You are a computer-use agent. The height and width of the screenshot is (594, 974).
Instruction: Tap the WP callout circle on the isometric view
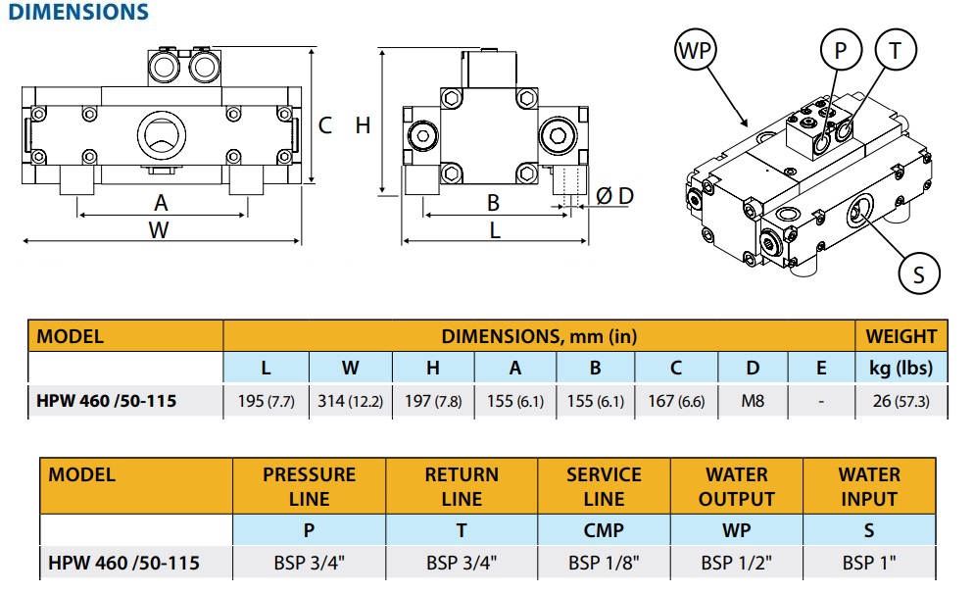695,50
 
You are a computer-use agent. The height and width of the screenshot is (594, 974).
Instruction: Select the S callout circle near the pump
918,273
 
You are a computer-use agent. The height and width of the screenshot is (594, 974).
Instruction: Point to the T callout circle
895,50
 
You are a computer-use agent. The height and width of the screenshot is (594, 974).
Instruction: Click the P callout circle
840,50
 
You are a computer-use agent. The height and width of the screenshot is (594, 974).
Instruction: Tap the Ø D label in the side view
614,196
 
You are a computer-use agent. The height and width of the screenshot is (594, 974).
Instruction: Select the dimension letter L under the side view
495,230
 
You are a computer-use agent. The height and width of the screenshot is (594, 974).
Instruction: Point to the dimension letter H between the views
363,125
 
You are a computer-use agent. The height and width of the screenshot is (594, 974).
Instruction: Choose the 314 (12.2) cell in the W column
350,402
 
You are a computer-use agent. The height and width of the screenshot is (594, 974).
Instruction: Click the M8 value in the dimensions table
753,402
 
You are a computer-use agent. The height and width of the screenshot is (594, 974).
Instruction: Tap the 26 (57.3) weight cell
901,402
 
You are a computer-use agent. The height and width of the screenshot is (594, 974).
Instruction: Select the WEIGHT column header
901,336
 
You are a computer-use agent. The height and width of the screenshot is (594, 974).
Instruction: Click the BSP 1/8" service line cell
604,564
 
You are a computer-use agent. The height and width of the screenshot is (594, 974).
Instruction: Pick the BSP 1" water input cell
868,564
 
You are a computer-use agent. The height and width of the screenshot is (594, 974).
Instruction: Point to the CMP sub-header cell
604,530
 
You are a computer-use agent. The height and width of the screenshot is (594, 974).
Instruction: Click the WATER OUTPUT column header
737,486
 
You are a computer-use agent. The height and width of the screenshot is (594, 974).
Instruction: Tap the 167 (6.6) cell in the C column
675,402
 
